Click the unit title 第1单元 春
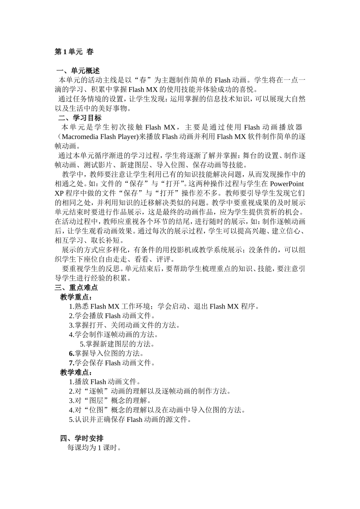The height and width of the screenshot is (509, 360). click(74, 52)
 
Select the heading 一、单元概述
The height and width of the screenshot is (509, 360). click(78, 71)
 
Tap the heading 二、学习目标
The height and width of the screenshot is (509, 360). click(80, 118)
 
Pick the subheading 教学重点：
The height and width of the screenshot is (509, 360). click(76, 297)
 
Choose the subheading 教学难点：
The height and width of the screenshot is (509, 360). click(76, 372)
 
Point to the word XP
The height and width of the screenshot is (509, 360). click(59, 193)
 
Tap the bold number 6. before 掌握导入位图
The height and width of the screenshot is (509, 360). click(71, 353)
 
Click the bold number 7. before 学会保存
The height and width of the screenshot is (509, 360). click(71, 363)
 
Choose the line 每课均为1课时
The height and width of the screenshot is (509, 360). click(94, 448)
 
